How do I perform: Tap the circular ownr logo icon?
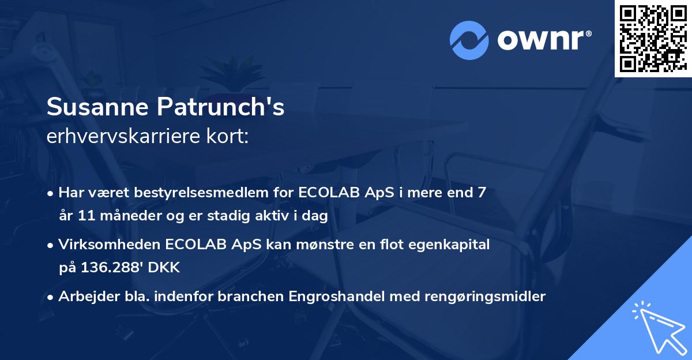tap(468, 40)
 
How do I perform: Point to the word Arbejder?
tap(84, 297)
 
